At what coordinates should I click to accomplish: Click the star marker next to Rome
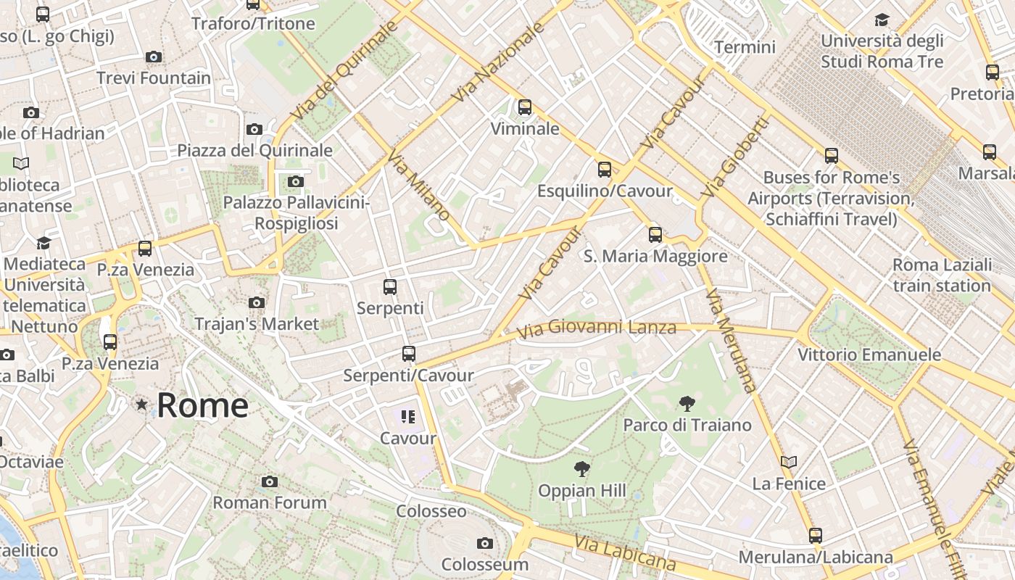(141, 405)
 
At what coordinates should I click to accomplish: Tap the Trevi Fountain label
(154, 78)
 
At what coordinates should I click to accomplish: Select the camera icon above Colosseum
(485, 543)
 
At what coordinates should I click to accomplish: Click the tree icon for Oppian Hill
(581, 469)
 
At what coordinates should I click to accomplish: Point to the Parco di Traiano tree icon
(687, 403)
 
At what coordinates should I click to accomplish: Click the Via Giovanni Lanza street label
(597, 328)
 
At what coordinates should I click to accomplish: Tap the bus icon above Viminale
(525, 107)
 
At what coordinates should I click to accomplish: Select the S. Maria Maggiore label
(655, 256)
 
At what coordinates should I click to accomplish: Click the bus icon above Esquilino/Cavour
(605, 170)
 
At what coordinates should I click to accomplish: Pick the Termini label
(745, 47)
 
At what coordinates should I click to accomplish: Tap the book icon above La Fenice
(789, 462)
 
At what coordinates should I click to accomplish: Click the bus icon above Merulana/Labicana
(816, 536)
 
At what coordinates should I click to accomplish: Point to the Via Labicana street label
(625, 553)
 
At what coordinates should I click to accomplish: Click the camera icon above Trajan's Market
(256, 302)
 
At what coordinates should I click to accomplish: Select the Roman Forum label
(270, 502)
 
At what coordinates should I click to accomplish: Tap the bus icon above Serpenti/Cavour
(409, 354)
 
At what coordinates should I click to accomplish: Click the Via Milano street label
(418, 186)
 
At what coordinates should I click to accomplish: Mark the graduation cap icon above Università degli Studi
(882, 20)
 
